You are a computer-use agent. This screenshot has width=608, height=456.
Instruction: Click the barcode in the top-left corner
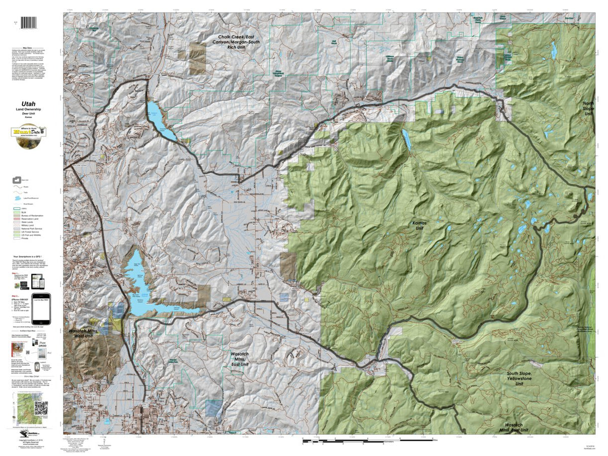[31, 23]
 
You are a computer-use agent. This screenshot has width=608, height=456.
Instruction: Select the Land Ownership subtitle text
[28, 110]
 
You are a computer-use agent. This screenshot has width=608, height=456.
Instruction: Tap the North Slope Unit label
[588, 108]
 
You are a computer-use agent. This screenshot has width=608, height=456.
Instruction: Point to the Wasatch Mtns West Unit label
[84, 333]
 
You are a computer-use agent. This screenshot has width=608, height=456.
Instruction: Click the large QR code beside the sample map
[41, 408]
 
